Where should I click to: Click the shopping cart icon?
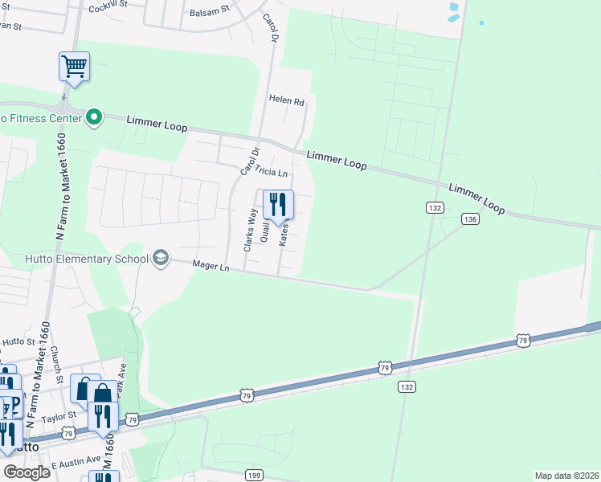coord(74,66)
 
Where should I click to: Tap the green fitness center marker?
coord(94,118)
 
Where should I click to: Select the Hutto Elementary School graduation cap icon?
coord(161,258)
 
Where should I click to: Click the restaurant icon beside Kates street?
coord(278,204)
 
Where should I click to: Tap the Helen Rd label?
coord(288,102)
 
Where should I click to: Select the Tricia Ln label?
coord(271,171)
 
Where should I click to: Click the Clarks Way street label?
coord(250,231)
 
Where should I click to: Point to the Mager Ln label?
coord(211,266)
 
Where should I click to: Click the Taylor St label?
coord(58,416)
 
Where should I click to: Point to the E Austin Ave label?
coord(76,464)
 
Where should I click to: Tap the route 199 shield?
coord(253,476)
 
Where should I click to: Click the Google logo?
coord(27,472)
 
